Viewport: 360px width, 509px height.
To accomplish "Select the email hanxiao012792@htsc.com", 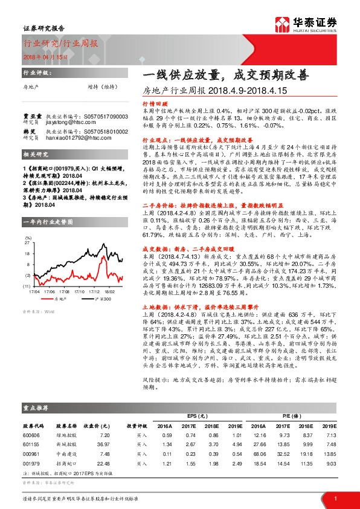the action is (x=74, y=137).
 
